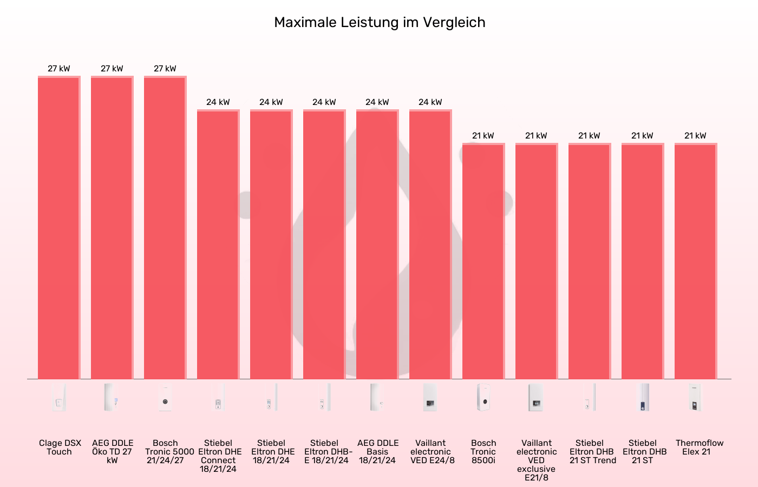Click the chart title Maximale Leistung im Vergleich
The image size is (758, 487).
coord(379,22)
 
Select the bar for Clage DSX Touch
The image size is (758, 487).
coord(59,227)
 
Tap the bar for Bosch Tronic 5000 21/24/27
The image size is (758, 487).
coord(165,227)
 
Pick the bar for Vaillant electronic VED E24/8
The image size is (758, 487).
coord(430,243)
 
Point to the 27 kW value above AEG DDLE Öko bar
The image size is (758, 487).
coord(112,69)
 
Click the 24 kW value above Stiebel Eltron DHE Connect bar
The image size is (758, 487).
coord(218,102)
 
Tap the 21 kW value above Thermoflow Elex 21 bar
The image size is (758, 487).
coord(696,136)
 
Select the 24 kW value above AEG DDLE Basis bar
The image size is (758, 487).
coord(377,102)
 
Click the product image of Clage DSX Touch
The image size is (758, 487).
coord(59,398)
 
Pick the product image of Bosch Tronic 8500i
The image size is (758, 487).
coord(483,398)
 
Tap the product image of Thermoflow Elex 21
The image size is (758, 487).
coord(696,398)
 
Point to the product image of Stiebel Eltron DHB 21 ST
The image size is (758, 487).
coord(643,398)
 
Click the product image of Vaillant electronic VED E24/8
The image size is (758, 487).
coord(430,398)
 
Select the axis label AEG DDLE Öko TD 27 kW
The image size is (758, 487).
coord(112,451)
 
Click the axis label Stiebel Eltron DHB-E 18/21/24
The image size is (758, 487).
coord(324,451)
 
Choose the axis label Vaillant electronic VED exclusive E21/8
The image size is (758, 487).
coord(537,460)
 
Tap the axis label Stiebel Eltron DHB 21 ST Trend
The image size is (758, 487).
coord(590,451)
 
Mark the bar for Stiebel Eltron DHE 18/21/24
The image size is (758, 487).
coord(271,243)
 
